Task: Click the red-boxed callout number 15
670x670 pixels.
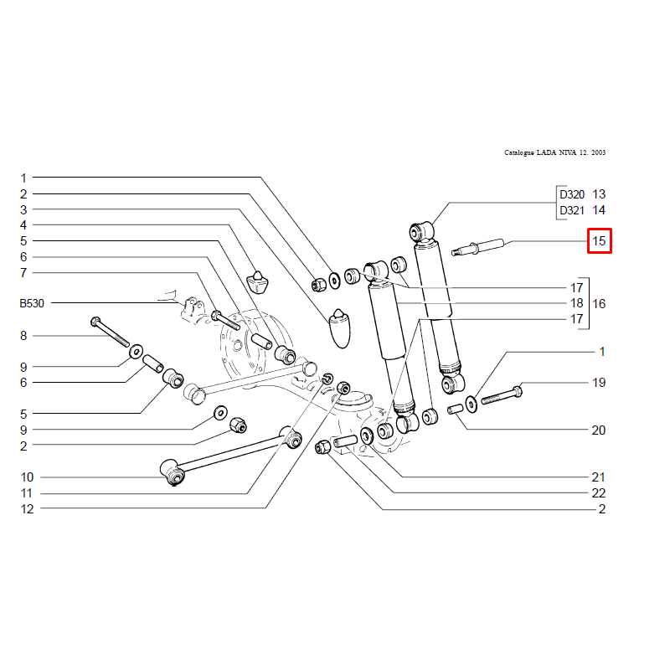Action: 599,242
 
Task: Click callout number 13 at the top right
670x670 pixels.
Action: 599,194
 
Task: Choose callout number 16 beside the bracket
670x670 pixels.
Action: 599,303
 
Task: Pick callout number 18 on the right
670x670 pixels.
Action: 577,303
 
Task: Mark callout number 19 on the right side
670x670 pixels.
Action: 599,383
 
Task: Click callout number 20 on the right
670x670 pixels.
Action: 599,430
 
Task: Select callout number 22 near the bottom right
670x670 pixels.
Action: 599,493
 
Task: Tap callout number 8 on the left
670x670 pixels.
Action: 23,335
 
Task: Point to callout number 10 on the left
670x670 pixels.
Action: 27,477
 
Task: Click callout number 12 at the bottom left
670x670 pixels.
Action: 27,509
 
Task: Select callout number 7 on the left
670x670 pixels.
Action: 23,273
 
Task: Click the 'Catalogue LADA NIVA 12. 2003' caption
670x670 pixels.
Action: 555,153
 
